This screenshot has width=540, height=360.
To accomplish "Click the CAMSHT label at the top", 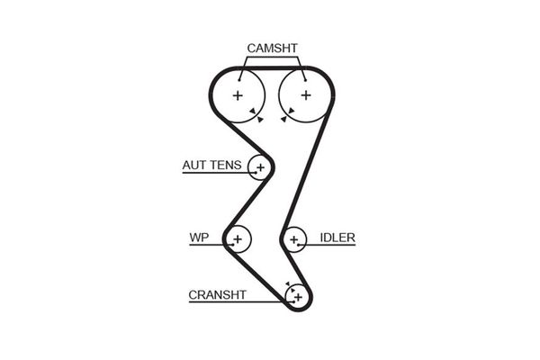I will (x=272, y=48).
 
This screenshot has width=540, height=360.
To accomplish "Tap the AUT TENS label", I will (x=211, y=165).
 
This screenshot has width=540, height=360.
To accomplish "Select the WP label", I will (x=199, y=238).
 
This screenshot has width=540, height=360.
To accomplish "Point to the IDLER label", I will (x=337, y=238).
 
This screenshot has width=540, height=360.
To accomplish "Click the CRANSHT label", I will (x=217, y=294).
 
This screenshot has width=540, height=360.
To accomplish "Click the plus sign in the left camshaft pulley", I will (x=238, y=94).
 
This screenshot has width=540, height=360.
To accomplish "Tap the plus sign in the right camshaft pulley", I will (x=305, y=94).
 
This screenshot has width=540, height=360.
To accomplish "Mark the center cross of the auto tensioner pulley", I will (x=261, y=167).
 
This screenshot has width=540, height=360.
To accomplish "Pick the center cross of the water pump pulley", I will (x=238, y=239).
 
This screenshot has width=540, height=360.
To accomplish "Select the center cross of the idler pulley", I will (x=293, y=239).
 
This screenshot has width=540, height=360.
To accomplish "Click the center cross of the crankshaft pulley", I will (x=297, y=295).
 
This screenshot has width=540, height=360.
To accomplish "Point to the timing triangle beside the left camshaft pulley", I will (x=259, y=117).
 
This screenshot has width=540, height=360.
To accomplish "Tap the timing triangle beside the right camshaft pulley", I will (x=284, y=115).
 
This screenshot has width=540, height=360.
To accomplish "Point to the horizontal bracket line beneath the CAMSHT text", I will (x=272, y=58).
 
